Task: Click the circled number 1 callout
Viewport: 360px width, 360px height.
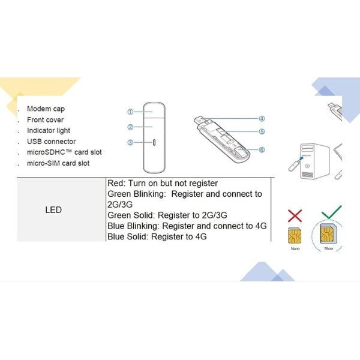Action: click(x=130, y=112)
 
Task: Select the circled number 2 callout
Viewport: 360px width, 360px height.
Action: click(x=130, y=127)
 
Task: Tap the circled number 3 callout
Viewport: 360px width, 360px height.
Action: click(x=130, y=142)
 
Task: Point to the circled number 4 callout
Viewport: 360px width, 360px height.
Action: click(x=262, y=119)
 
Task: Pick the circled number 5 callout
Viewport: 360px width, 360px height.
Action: click(x=262, y=131)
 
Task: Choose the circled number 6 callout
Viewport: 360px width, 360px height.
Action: click(x=262, y=149)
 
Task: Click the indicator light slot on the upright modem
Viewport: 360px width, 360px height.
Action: click(x=154, y=142)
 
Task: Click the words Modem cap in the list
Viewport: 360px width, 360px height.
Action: click(x=46, y=109)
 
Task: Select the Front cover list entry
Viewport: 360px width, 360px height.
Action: click(x=45, y=119)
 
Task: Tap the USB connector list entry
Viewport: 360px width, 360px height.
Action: click(x=51, y=142)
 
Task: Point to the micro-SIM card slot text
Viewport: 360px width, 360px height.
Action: click(x=58, y=163)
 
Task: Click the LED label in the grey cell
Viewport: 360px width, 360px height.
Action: click(x=53, y=210)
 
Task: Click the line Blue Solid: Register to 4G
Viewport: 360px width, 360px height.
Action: click(x=157, y=236)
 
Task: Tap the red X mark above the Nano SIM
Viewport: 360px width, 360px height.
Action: click(x=295, y=215)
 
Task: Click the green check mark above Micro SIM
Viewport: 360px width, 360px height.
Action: click(x=332, y=212)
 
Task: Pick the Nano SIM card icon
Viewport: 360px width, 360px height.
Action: click(x=295, y=236)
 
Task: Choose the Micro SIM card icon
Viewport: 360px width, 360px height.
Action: click(x=329, y=234)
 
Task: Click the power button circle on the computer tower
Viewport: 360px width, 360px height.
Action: click(x=307, y=166)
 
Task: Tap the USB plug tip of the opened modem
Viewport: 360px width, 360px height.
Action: click(x=199, y=119)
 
